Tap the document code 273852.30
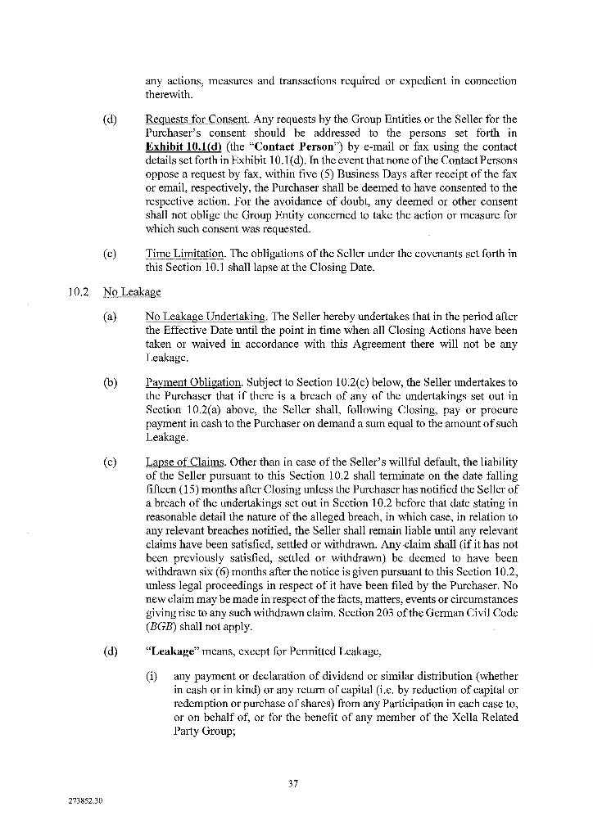(x=85, y=800)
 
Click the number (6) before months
(x=226, y=561)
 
